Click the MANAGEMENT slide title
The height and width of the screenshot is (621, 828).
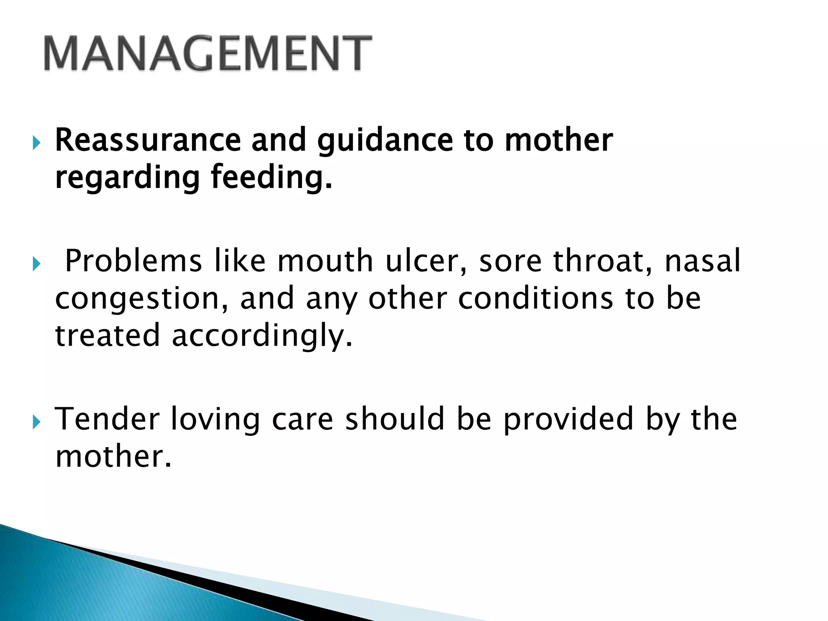207,53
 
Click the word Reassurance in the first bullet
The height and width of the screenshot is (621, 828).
148,140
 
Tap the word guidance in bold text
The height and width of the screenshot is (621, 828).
384,140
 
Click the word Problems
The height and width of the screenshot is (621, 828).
133,261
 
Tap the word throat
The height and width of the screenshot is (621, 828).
602,261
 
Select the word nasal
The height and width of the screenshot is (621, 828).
703,261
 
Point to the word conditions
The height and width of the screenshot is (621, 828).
535,298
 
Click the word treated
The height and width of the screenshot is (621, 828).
107,336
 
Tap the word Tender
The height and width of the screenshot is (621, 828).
107,419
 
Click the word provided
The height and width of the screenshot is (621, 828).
568,420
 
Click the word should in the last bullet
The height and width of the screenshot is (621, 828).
395,419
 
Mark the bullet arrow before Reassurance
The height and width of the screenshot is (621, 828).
36,143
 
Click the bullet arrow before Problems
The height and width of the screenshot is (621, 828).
36,264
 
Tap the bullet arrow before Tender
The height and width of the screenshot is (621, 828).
36,422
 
